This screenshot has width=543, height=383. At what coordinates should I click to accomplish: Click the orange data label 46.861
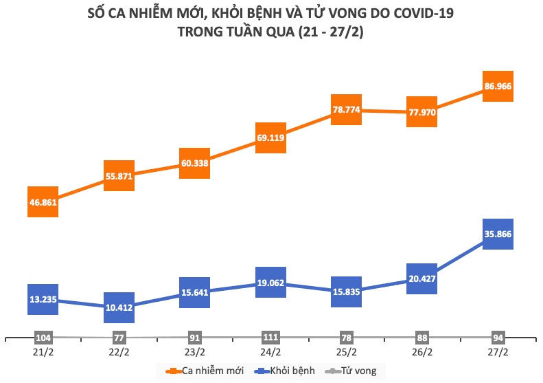coord(43,202)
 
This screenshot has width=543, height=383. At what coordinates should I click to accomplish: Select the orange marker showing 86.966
coord(498,86)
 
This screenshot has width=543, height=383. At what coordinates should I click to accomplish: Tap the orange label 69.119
coord(270,138)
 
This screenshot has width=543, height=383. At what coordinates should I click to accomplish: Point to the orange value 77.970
coord(422,112)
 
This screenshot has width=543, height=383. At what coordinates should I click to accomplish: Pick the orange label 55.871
coord(119,176)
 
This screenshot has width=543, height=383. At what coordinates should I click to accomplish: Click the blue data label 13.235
coord(43,300)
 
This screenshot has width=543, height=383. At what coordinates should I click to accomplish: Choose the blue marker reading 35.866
coord(498,234)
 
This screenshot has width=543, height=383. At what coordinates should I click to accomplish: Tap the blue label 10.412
coord(119,309)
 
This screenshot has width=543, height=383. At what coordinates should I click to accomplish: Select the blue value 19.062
coord(270,282)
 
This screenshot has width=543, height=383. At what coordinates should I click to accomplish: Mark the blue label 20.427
coord(422,278)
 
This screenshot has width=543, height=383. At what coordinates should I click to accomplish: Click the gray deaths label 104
coord(43,338)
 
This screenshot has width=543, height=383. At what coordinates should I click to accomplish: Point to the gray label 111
coord(270,338)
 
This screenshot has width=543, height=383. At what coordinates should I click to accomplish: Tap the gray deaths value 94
coord(498,338)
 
